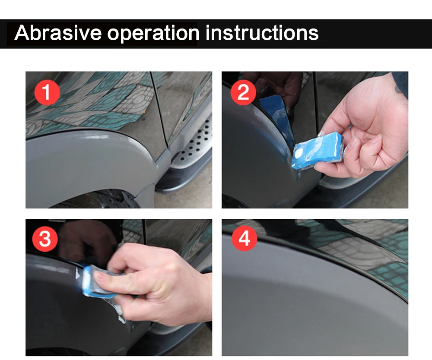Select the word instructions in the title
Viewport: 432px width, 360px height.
[x=262, y=33]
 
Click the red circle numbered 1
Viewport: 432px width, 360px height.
[x=47, y=92]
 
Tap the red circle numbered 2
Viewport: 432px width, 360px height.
[x=243, y=92]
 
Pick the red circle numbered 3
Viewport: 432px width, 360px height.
[x=45, y=239]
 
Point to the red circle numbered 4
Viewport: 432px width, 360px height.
[x=245, y=238]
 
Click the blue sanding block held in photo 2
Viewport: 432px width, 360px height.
[x=317, y=150]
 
